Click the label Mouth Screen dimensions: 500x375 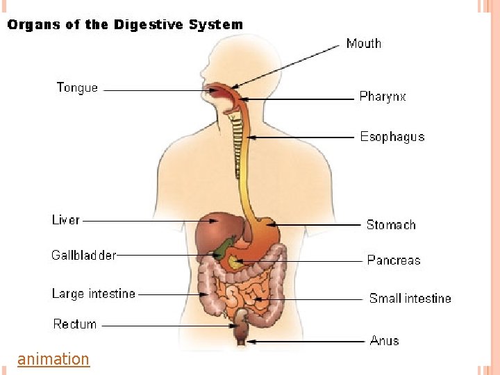tap(363, 44)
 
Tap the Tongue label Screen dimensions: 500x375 tap(77, 88)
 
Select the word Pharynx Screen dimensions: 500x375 tap(382, 97)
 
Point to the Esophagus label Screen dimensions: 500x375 tap(392, 137)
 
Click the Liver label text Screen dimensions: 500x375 tap(66, 220)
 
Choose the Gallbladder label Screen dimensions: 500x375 tap(83, 255)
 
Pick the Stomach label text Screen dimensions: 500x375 tap(391, 224)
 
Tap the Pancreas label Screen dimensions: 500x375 tap(394, 260)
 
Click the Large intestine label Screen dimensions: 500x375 tap(93, 294)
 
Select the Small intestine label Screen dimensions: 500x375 tap(410, 299)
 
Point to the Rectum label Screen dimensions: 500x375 tap(75, 324)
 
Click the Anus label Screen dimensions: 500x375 tap(384, 340)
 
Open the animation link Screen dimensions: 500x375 tap(53, 359)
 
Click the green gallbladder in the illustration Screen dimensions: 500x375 tap(224, 248)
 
